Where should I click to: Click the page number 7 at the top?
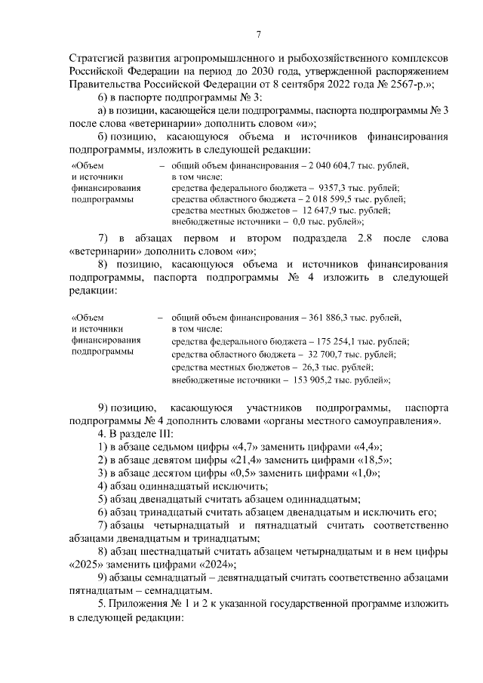pos(258,34)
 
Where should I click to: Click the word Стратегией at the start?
pos(98,57)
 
